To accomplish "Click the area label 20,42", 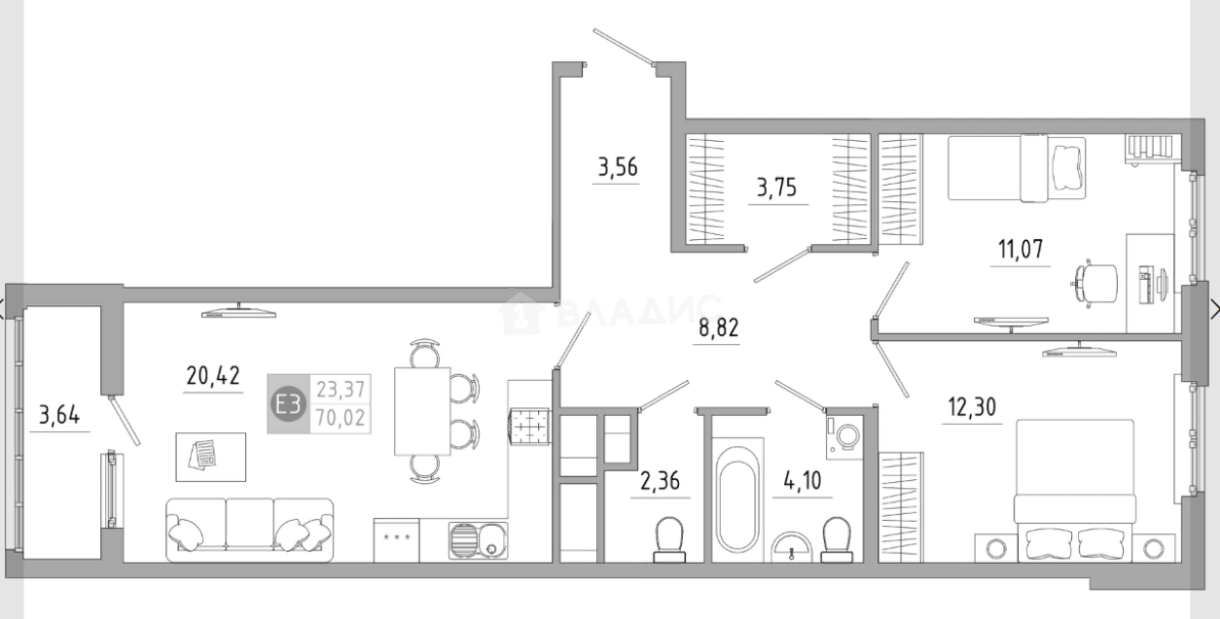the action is click(x=213, y=375).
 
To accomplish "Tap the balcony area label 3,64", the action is click(x=59, y=415).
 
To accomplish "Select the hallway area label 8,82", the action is click(x=718, y=327).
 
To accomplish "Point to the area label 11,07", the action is click(x=1021, y=249).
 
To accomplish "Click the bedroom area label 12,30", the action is click(x=972, y=407).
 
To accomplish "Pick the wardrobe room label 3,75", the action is click(x=776, y=188).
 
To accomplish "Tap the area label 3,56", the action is click(x=618, y=167).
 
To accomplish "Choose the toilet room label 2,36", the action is click(x=661, y=481).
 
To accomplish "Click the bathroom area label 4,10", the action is click(x=803, y=480).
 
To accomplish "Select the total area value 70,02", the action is click(x=341, y=418).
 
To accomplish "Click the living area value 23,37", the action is click(x=341, y=390).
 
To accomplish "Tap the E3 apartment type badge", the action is click(x=288, y=403).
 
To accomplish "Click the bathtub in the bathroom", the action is click(x=737, y=499).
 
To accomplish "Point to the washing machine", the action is click(x=844, y=436).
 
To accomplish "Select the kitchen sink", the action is click(x=479, y=540).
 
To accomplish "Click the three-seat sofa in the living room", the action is click(x=250, y=530).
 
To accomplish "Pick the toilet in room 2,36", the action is click(x=669, y=539).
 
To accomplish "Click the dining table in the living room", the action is click(x=422, y=411).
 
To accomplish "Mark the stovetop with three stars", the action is click(x=397, y=540).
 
